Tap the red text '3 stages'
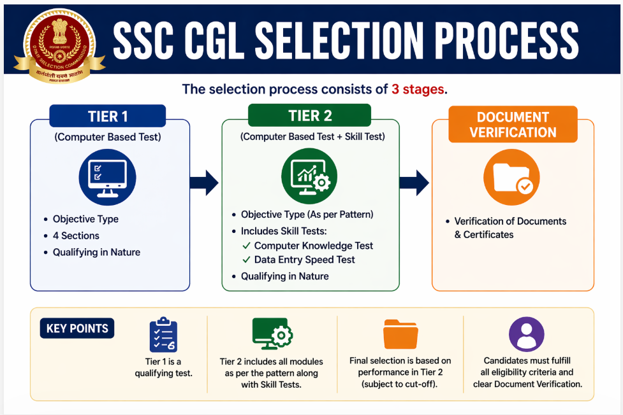(x=418, y=89)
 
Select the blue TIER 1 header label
(x=108, y=116)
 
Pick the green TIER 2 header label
(x=309, y=115)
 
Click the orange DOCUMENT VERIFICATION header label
(x=513, y=124)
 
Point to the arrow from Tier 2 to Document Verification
(x=414, y=183)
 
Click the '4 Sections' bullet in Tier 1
(x=76, y=236)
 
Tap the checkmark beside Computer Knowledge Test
(x=246, y=246)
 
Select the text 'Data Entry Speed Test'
(x=304, y=260)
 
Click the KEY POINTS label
(x=77, y=328)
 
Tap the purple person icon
(x=527, y=334)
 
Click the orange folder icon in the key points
(x=400, y=334)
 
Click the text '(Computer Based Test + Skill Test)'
(x=312, y=137)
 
